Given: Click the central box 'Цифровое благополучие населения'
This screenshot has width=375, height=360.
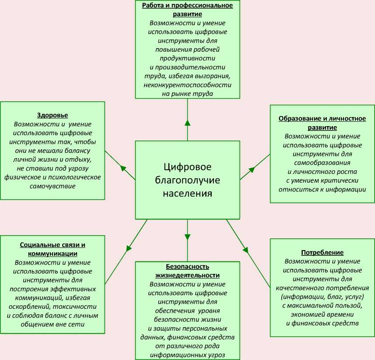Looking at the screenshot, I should [187, 180].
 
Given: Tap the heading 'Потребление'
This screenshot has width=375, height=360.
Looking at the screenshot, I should [322, 253].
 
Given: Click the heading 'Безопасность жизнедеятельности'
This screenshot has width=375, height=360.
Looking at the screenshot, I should [187, 271].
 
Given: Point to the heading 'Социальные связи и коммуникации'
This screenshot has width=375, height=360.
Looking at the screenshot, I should [53, 249].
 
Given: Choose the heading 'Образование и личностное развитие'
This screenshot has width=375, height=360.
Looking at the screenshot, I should [322, 123].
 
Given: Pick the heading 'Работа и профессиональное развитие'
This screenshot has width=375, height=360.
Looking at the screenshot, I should [187, 10].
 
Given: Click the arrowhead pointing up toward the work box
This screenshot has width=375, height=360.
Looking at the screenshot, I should [187, 123].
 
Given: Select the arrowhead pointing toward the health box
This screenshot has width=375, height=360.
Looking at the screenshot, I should [123, 168].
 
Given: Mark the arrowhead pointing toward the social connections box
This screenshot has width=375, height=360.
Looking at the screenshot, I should [129, 248].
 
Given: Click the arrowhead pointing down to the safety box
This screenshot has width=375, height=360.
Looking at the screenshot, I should [187, 236].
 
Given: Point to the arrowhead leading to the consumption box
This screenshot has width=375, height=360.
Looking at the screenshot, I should [245, 250].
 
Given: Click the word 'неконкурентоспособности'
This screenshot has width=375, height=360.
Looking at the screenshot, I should [187, 85].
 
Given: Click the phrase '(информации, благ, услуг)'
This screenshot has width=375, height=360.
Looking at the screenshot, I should [322, 296].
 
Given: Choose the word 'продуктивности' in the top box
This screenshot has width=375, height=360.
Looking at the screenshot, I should [187, 58].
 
